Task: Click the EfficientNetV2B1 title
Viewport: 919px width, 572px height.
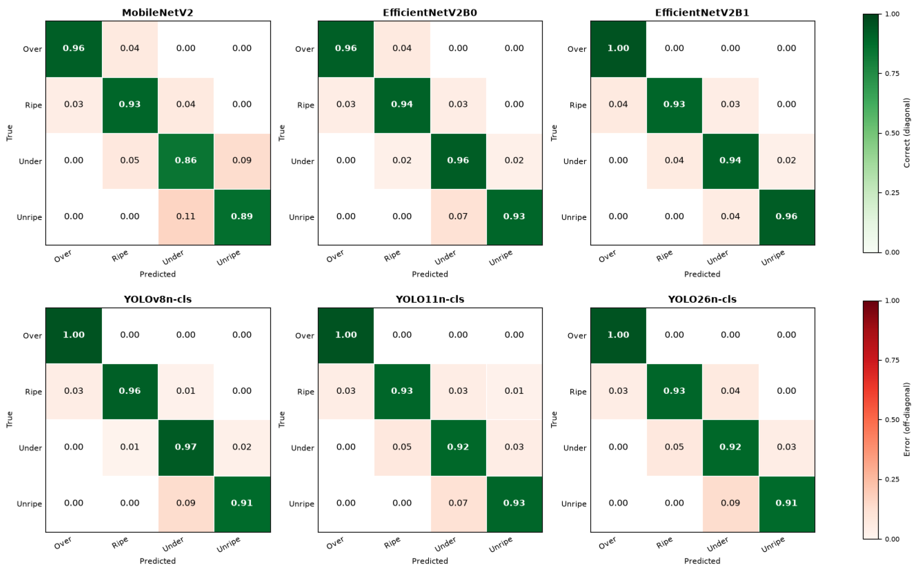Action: coord(702,12)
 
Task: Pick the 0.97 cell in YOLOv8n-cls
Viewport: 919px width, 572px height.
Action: coord(186,448)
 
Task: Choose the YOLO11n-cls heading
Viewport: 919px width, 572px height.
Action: coord(430,299)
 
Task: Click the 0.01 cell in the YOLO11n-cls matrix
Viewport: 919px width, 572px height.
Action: coord(514,391)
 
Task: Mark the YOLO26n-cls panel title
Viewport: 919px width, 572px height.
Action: coord(702,299)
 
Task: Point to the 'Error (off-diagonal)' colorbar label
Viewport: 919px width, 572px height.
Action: coord(907,419)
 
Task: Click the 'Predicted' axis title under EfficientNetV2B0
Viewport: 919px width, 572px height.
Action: coord(430,274)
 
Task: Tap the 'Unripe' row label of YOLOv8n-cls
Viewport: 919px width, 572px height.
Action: coord(29,504)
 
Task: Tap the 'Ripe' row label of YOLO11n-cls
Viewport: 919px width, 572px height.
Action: coord(306,392)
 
